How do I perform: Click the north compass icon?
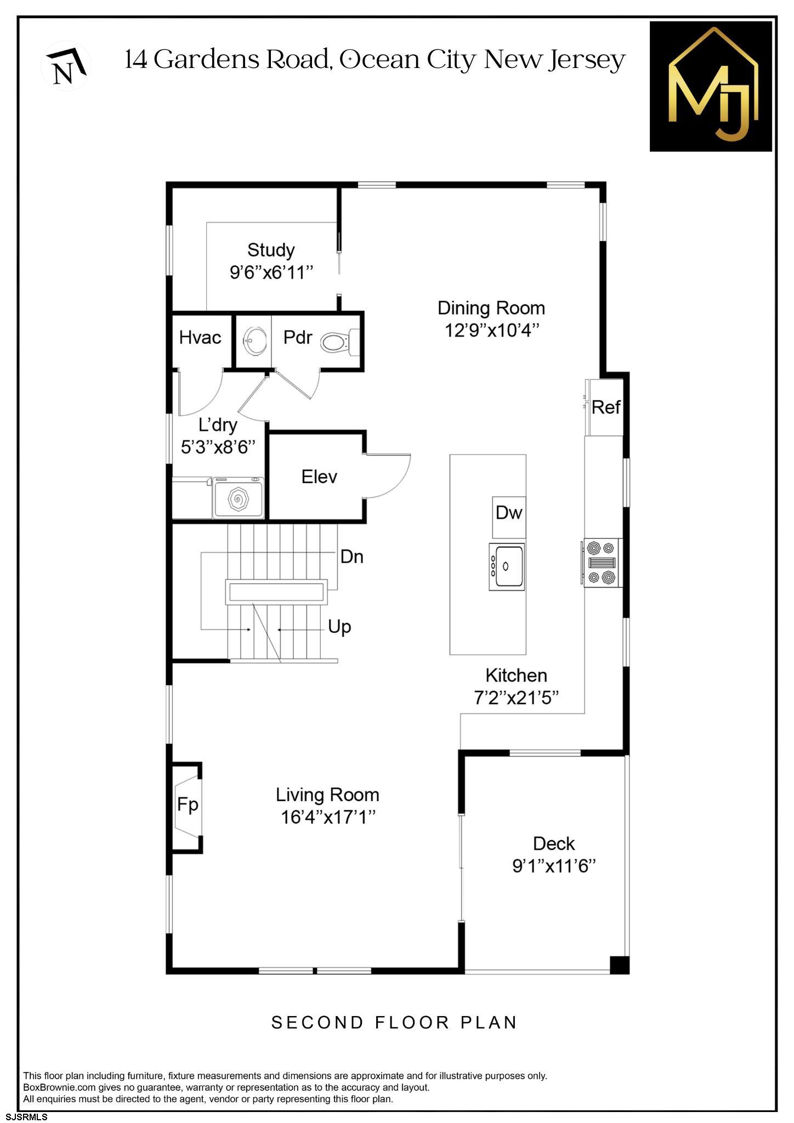66,66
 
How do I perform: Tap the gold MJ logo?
711,86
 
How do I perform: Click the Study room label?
271,250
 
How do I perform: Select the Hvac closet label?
200,337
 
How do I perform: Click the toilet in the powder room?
334,343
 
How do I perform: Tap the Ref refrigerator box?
605,407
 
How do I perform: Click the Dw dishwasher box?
509,513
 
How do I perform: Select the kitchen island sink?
507,566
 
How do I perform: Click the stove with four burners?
602,563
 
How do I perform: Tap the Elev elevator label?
319,477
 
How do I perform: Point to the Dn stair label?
352,557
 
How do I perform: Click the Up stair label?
339,626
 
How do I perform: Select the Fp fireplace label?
188,804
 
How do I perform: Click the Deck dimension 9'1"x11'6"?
554,866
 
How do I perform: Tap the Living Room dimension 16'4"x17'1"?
327,817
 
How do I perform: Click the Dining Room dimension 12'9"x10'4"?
491,331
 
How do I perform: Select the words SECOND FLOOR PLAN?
394,1022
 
